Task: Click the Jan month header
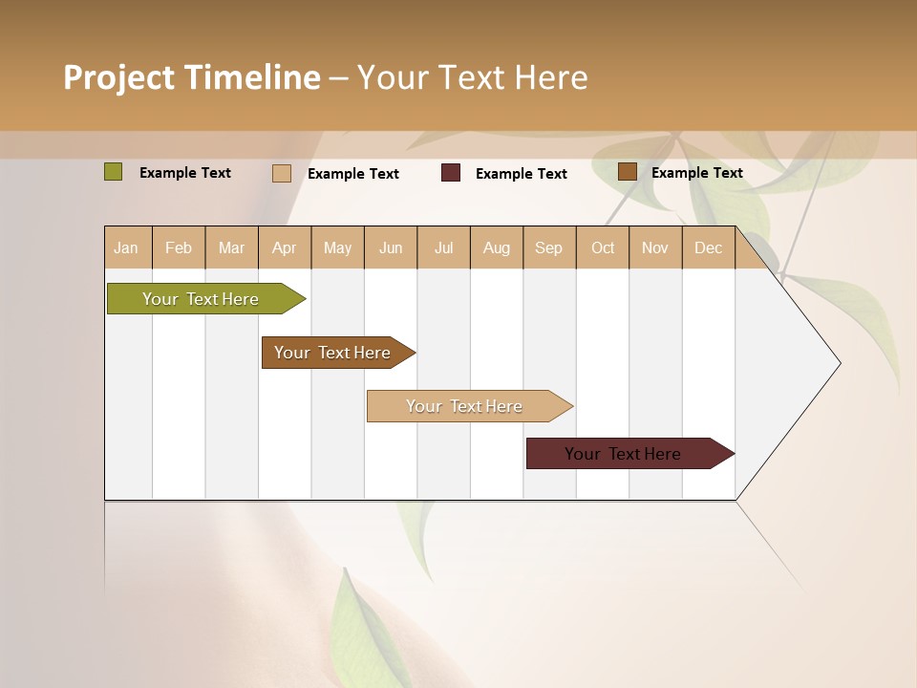126,247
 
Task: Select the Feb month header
179,247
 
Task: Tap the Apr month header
284,247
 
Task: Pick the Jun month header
391,247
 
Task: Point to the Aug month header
496,247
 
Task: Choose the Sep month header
548,247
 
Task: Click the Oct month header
603,247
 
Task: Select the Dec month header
708,247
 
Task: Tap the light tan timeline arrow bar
465,406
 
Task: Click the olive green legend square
114,172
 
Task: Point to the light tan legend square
282,173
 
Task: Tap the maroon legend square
451,173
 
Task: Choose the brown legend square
628,172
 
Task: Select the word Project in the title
118,77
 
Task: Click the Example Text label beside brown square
696,173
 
